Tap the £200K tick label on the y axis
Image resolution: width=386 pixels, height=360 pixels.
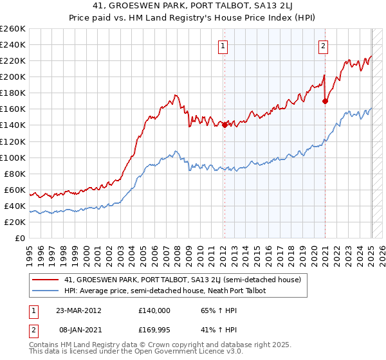[12, 76]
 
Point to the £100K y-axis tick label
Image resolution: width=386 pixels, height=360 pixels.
[12, 157]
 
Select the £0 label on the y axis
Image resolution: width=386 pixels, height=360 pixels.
[19, 238]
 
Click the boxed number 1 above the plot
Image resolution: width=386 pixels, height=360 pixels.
[223, 46]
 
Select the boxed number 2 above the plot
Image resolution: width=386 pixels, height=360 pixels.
[322, 46]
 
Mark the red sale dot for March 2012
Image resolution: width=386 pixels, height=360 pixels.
[225, 125]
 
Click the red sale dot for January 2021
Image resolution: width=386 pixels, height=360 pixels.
[325, 101]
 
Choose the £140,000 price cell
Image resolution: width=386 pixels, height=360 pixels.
[154, 310]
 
